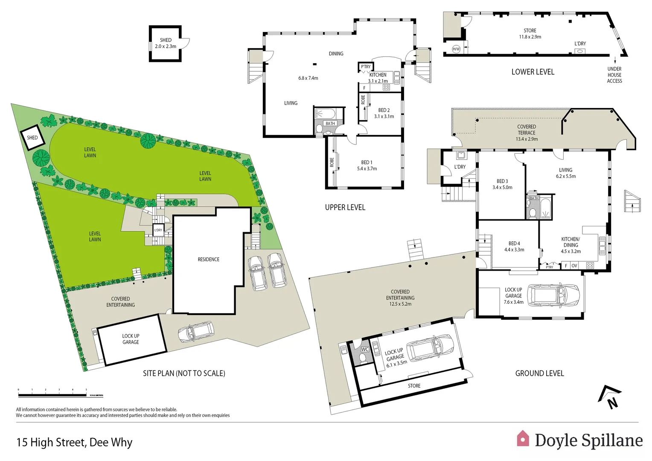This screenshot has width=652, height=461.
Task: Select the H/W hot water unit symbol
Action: pyautogui.click(x=456, y=49)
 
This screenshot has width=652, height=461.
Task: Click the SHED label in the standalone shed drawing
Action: pyautogui.click(x=166, y=40)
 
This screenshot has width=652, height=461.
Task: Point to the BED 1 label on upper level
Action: pyautogui.click(x=367, y=163)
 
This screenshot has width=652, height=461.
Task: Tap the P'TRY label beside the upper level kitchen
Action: pyautogui.click(x=366, y=67)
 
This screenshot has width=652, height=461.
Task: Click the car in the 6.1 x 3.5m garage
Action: pyautogui.click(x=429, y=347)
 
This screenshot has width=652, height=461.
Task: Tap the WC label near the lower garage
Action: pyautogui.click(x=365, y=350)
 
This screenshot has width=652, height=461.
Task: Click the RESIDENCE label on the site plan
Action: pyautogui.click(x=208, y=260)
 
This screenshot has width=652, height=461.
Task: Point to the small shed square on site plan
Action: pyautogui.click(x=32, y=137)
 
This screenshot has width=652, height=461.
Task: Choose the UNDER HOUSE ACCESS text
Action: pyautogui.click(x=614, y=75)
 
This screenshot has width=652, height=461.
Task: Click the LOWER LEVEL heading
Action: pyautogui.click(x=533, y=72)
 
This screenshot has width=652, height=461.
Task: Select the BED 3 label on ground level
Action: pyautogui.click(x=502, y=181)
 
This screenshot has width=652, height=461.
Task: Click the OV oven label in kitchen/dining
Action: pyautogui.click(x=574, y=266)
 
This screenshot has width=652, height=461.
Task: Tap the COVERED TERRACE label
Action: pyautogui.click(x=527, y=130)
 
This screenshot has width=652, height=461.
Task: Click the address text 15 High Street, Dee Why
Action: pyautogui.click(x=74, y=443)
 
